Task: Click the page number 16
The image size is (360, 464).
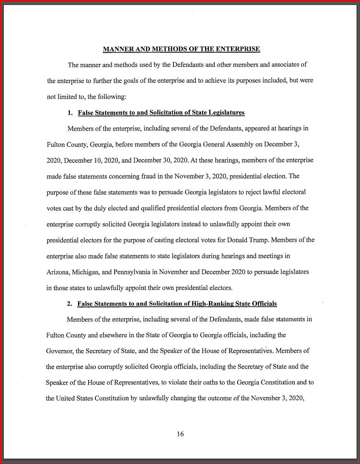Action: [x=180, y=434]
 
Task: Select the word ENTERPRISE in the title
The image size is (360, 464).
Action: [x=238, y=49]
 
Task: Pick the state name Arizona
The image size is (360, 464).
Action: [x=56, y=272]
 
